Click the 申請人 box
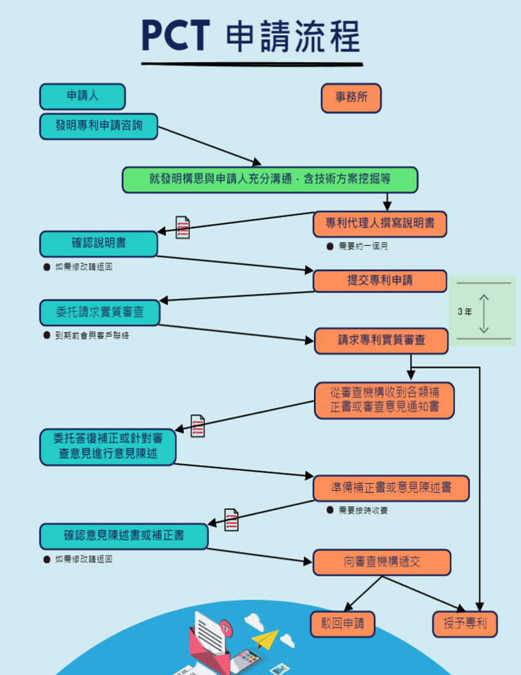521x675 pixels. (x=82, y=97)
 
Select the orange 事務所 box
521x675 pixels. (x=351, y=98)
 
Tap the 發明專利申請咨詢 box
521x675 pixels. (x=99, y=126)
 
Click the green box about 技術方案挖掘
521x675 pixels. (x=270, y=180)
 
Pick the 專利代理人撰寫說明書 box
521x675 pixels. (x=380, y=224)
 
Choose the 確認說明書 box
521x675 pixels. (x=99, y=243)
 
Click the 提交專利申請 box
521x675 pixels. (x=380, y=281)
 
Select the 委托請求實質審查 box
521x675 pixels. (x=100, y=312)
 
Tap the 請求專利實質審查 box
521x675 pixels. (x=381, y=340)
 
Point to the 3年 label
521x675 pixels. (x=465, y=312)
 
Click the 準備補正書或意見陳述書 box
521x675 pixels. (x=391, y=488)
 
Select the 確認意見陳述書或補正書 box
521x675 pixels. (x=124, y=536)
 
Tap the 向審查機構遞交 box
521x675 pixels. (x=382, y=562)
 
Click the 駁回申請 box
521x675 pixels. (x=343, y=624)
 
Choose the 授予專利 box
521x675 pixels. (x=464, y=624)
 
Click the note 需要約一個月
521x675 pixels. (x=363, y=247)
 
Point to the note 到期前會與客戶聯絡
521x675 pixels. (x=92, y=336)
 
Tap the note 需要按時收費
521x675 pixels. (x=363, y=510)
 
